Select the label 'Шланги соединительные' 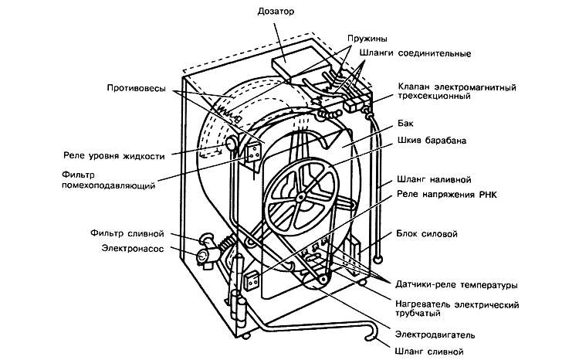click(x=415, y=53)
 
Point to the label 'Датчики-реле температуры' click(x=455, y=285)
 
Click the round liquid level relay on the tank click(x=230, y=144)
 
